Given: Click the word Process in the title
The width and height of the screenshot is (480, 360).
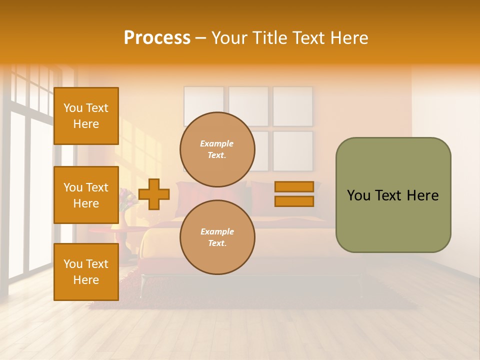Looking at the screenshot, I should [157, 38].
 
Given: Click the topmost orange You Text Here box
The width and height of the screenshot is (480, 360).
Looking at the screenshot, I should [86, 116].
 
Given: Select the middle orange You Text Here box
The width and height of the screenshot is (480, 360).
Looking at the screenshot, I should [86, 195].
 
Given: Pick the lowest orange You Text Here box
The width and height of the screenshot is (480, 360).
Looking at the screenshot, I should [86, 272].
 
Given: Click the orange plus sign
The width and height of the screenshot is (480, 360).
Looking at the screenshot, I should [154, 194].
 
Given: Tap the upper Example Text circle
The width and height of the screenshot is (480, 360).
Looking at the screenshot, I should [217, 149].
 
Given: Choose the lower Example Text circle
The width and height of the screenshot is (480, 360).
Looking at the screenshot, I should [217, 237].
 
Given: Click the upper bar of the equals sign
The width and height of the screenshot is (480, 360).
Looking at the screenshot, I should [294, 186].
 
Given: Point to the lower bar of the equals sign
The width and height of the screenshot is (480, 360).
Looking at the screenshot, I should [294, 201].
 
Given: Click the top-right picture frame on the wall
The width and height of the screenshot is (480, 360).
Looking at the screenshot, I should [293, 106].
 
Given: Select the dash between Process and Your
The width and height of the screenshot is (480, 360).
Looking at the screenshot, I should [201, 38].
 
